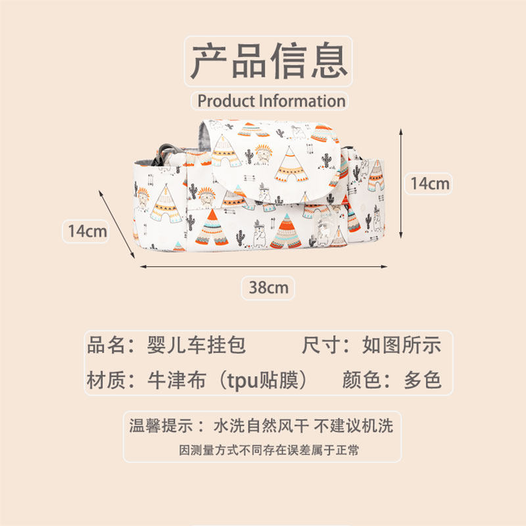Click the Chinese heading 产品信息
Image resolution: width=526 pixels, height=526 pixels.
[269, 62]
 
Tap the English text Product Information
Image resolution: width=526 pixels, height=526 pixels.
[271, 101]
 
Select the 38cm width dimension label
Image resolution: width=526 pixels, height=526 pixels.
[268, 287]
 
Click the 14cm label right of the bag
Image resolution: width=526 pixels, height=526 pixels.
[429, 183]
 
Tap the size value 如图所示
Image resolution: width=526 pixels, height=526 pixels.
[402, 345]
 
